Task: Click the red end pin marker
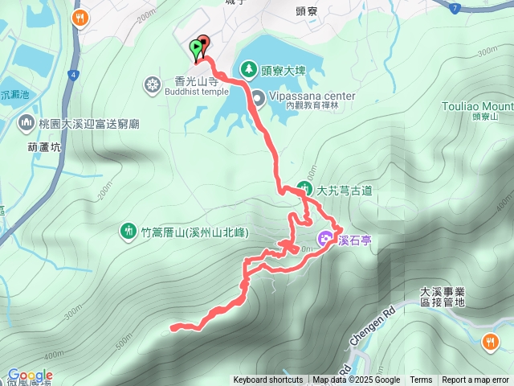coord(202,44)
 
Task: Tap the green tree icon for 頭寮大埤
coord(249,69)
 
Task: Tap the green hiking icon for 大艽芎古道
coord(305,190)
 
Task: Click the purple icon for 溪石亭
coord(325,239)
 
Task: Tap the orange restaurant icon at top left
coord(80,18)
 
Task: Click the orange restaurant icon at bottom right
coord(491,343)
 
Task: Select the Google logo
coord(31,376)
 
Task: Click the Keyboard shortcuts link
coord(268,380)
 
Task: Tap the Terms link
coord(421,380)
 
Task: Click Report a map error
coord(476,380)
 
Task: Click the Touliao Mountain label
coord(478,105)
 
